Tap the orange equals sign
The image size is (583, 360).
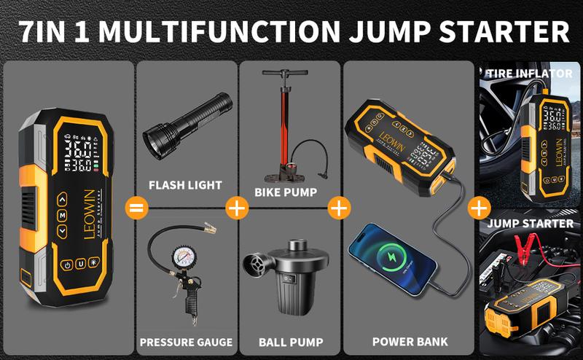click(133, 208)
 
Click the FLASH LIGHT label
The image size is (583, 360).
click(185, 184)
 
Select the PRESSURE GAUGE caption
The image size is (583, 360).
click(187, 342)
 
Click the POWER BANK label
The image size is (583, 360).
click(410, 341)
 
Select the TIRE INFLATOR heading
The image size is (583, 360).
click(530, 74)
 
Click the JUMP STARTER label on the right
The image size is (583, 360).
click(530, 223)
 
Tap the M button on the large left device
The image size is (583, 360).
click(63, 216)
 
